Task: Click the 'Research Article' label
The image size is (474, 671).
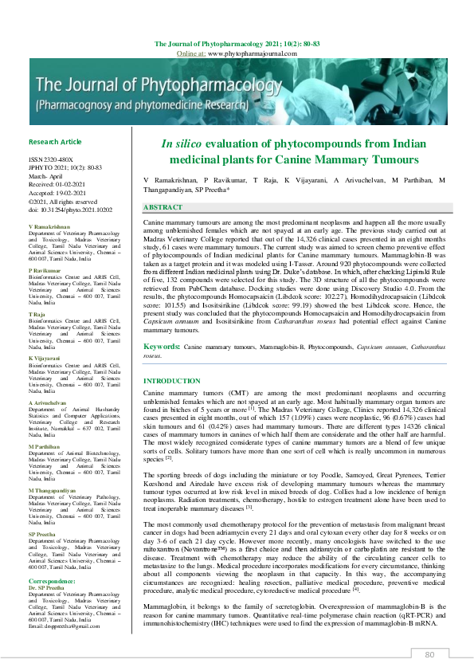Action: [x=55, y=142]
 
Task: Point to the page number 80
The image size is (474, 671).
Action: [x=429, y=654]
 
